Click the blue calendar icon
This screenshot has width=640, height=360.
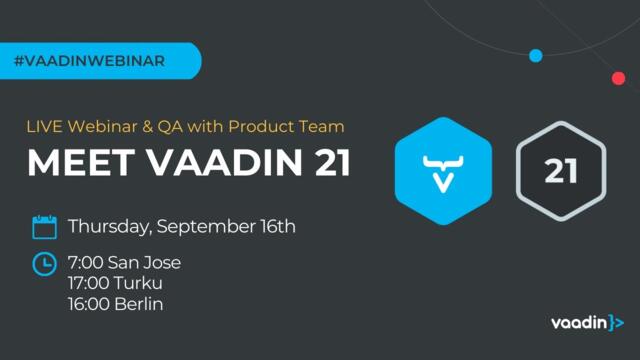[44, 227]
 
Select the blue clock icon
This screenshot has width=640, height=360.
[44, 264]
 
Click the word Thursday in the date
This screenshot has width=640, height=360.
[107, 227]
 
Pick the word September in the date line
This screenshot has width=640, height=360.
[204, 227]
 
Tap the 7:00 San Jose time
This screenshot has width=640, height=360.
[124, 264]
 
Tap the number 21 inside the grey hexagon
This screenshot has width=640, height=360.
[561, 169]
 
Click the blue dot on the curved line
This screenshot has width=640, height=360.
[535, 55]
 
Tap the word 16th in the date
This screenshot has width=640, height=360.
[275, 227]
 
